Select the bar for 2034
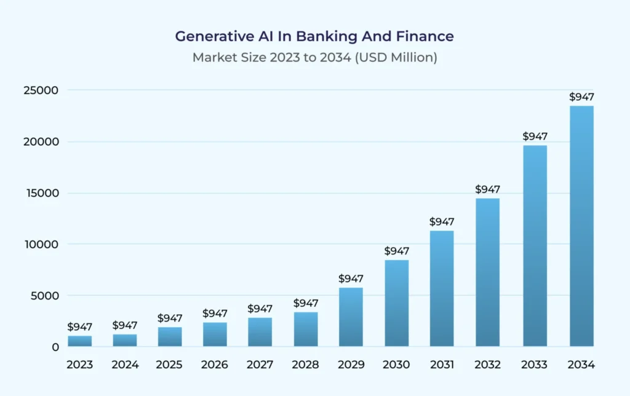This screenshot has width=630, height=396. coord(581,226)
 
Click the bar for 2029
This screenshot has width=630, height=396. coord(351,317)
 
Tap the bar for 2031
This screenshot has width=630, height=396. coord(441,288)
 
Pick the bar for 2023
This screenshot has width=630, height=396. coord(79,341)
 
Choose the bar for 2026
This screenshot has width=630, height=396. coord(215,334)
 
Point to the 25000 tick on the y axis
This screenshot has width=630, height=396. coord(45,90)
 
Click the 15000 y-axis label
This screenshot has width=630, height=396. coord(45,193)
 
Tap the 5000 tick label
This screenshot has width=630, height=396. coord(47,296)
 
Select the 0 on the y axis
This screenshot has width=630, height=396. coord(55,347)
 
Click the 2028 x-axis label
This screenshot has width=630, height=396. coord(306,365)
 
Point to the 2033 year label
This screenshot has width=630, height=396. coord(535,365)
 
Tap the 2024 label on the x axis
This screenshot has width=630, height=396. coord(125,365)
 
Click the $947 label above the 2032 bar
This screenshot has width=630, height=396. coord(487,189)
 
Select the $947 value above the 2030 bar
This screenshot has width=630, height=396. coord(397,251)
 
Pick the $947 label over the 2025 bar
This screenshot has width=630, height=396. coord(170,318)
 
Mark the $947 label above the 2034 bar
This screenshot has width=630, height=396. coord(581,97)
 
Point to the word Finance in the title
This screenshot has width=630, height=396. coord(429,36)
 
